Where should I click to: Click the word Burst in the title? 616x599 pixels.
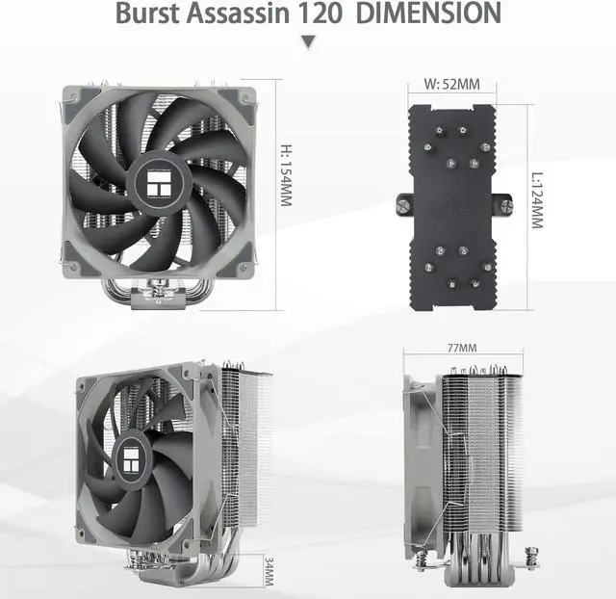(147, 13)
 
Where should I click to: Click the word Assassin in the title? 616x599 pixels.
(239, 13)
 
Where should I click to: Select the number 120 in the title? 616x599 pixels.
(320, 13)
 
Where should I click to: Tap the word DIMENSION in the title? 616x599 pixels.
(428, 13)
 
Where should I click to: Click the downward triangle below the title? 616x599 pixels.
(308, 41)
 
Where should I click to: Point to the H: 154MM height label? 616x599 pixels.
(286, 175)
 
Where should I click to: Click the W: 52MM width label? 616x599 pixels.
(451, 84)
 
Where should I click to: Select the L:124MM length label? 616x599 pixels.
(537, 200)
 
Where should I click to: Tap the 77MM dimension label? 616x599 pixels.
(462, 348)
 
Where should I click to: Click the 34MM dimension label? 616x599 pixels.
(269, 571)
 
